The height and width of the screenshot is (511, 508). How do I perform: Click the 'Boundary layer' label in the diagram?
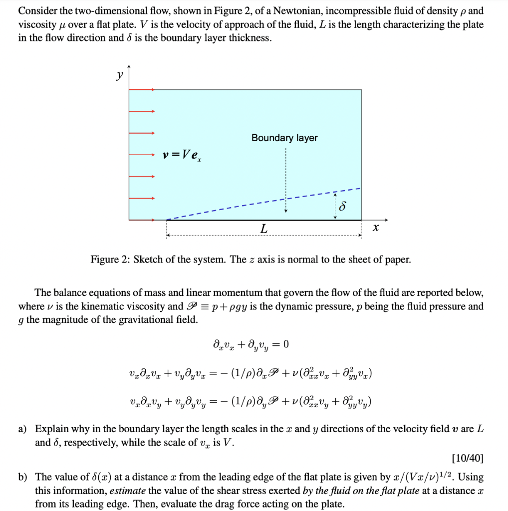pos(284,138)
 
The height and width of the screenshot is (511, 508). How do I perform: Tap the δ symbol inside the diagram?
pos(343,207)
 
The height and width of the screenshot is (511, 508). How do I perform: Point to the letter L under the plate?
pos(263,229)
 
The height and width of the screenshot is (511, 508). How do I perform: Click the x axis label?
pos(376,228)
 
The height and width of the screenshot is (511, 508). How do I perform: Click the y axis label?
pos(119,75)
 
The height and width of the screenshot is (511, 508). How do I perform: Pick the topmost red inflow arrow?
pos(142,90)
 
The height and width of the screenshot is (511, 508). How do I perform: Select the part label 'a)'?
pos(23,429)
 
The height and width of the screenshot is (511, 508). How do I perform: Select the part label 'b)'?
pos(23,477)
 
